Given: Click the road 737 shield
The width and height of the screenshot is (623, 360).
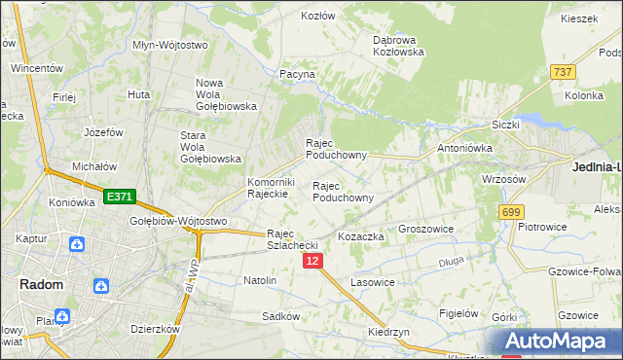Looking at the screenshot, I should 563,72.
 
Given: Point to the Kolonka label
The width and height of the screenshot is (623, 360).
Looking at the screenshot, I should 584,96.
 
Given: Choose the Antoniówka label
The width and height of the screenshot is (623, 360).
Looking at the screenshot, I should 465,149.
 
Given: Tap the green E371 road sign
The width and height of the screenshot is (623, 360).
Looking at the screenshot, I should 119,198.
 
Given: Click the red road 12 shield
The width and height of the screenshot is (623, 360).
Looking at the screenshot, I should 311,262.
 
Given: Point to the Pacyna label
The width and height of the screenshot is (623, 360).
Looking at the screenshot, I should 297,74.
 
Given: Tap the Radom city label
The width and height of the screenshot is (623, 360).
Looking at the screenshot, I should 42,285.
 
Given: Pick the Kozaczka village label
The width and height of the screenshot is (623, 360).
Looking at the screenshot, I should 361,237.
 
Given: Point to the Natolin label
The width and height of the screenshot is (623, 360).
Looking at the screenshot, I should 260,280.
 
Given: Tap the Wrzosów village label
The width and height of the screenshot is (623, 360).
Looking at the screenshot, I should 504,180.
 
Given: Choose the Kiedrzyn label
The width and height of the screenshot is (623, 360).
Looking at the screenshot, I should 388,332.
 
